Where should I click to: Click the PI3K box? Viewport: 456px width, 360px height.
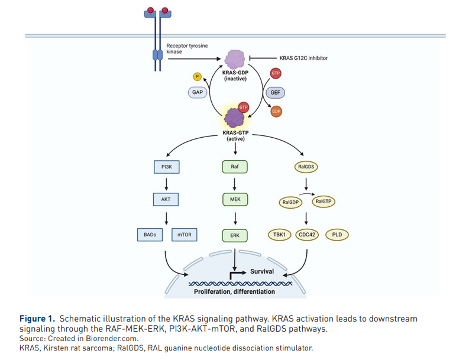coord(166,167)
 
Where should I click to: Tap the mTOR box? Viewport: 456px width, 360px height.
coord(185,235)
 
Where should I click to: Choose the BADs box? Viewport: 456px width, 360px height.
coord(150,235)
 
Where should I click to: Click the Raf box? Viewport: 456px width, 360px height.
coord(235,167)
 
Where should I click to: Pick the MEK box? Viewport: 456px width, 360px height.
coord(235,200)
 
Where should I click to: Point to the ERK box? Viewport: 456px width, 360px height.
coord(235,236)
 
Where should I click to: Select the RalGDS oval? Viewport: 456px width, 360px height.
coord(306,167)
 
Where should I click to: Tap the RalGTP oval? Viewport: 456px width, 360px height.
coord(324,201)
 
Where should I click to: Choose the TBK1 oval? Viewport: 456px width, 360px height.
coord(280,235)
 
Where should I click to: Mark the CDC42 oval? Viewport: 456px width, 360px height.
coord(307,235)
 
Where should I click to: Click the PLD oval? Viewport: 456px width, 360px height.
coord(337,235)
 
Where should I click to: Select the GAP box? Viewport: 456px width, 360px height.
coord(198,93)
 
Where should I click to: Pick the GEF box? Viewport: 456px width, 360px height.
coord(275,93)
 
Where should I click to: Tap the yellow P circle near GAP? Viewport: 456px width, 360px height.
coord(198,76)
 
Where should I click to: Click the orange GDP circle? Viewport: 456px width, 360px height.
coord(276,111)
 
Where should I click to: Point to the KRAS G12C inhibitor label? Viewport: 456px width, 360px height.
coord(303,58)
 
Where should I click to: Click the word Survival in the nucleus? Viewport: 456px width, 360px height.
coord(262,271)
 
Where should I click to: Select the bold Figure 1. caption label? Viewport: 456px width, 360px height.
coord(37,319)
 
